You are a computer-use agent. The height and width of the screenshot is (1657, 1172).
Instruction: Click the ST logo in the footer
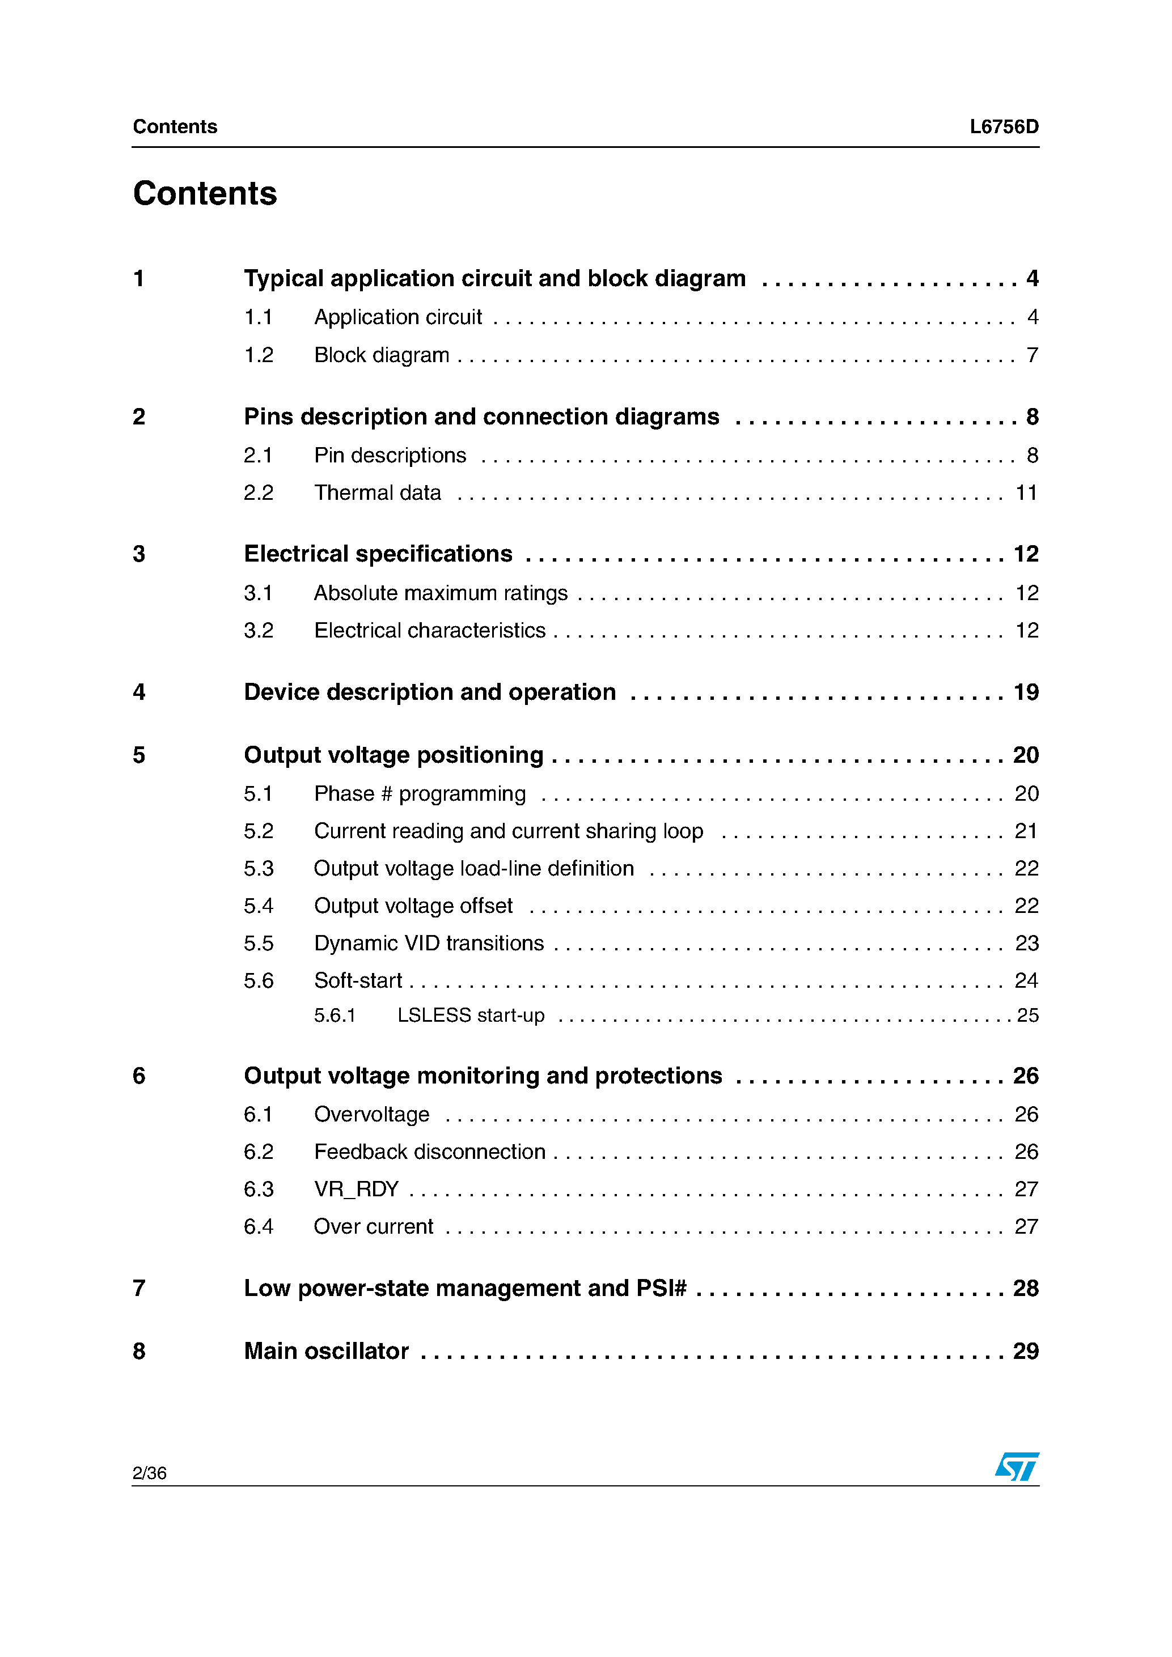1016,1466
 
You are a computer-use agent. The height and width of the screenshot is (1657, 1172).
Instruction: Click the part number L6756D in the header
1003,127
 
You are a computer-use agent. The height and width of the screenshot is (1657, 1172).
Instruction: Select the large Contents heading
205,193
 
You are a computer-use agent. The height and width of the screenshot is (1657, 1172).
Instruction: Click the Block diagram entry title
381,355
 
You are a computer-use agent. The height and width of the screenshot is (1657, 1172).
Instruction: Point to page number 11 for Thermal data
1026,493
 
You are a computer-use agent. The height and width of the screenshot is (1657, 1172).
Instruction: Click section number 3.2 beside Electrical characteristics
258,631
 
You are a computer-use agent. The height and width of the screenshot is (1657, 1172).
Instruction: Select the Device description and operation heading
430,692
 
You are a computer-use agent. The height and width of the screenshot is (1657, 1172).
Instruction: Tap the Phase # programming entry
420,794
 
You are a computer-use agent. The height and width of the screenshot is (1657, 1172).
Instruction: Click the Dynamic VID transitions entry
429,943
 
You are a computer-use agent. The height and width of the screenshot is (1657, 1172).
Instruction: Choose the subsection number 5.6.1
335,1016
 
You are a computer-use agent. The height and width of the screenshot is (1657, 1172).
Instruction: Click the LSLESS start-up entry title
471,1016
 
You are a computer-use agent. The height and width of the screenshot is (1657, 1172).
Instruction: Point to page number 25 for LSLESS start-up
1027,1016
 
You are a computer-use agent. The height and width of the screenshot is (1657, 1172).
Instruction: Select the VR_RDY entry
356,1188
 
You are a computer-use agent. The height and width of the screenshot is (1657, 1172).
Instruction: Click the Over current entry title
373,1226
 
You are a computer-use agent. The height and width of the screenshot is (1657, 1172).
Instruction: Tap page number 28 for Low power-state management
1025,1288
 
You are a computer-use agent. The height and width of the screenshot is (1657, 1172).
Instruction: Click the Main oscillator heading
327,1351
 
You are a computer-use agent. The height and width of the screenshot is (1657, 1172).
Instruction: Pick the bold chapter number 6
139,1076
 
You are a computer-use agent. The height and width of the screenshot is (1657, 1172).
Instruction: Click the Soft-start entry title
358,981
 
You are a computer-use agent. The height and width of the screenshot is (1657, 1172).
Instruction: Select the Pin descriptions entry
390,456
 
